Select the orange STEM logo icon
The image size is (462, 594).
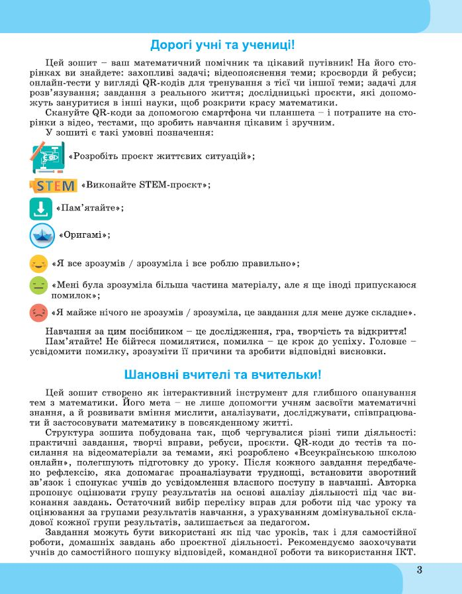(x=53, y=184)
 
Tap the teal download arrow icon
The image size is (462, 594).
(x=40, y=208)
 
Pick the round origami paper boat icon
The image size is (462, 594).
(x=42, y=235)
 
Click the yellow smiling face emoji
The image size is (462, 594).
(x=39, y=264)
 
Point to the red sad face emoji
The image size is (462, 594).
(x=39, y=312)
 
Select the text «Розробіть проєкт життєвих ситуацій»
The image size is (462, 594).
(x=162, y=156)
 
